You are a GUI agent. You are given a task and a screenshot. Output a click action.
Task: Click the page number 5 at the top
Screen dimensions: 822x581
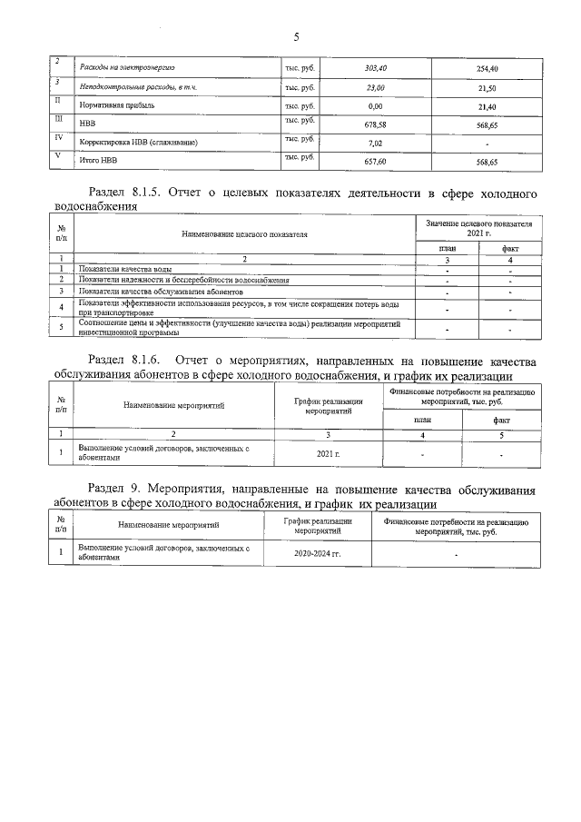(296, 36)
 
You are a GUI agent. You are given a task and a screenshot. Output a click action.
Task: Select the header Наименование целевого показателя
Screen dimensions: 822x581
(244, 234)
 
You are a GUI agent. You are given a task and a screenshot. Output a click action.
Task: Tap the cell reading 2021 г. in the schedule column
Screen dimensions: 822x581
(329, 452)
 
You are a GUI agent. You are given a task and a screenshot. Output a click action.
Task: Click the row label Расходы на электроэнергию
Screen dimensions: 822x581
(127, 68)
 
